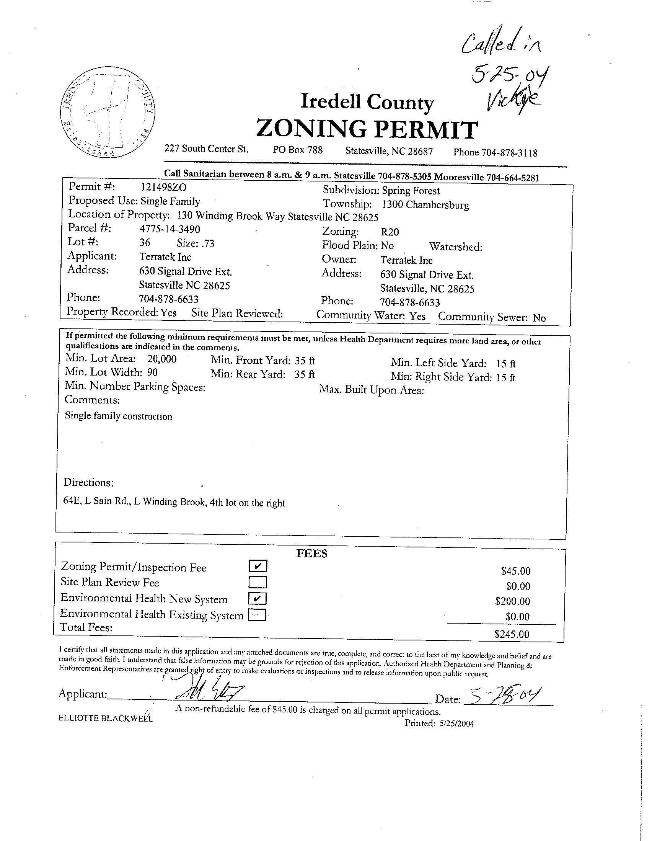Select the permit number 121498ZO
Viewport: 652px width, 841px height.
click(164, 187)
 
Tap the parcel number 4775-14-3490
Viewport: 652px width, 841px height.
click(170, 229)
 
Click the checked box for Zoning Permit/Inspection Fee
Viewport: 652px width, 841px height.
click(258, 566)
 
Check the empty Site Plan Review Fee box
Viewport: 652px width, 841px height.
click(258, 581)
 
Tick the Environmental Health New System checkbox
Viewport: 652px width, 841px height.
click(258, 598)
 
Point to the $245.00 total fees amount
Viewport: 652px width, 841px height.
click(512, 634)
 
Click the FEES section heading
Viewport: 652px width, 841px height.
click(312, 554)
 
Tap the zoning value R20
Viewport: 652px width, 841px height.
click(390, 232)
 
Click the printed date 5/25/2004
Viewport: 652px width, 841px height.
click(456, 723)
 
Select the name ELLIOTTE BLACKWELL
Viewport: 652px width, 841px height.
click(106, 718)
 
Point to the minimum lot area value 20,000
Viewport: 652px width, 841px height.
click(161, 359)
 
